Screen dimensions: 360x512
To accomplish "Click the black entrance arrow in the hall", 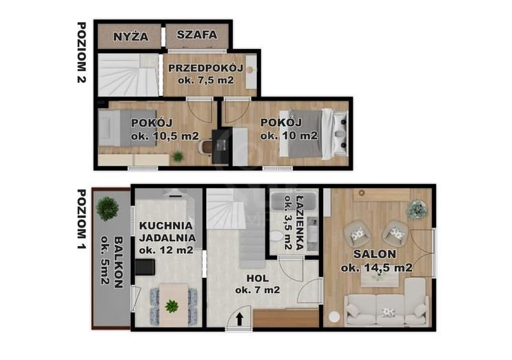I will click(x=238, y=319).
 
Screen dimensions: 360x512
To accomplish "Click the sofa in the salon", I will click(x=387, y=308).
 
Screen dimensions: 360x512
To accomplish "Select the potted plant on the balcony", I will click(x=107, y=207).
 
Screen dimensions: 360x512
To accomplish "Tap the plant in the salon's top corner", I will click(x=416, y=209).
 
